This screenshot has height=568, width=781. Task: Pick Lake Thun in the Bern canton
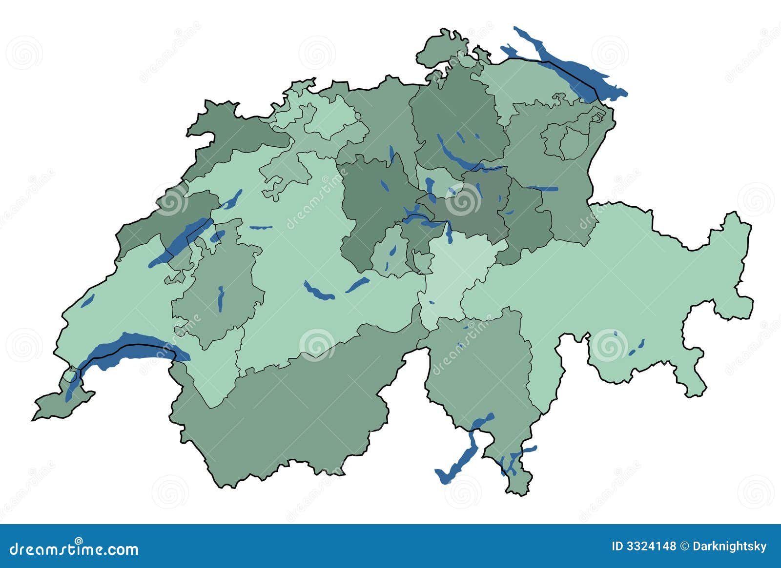tap(318, 292)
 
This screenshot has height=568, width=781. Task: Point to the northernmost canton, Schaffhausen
tap(439, 49)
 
